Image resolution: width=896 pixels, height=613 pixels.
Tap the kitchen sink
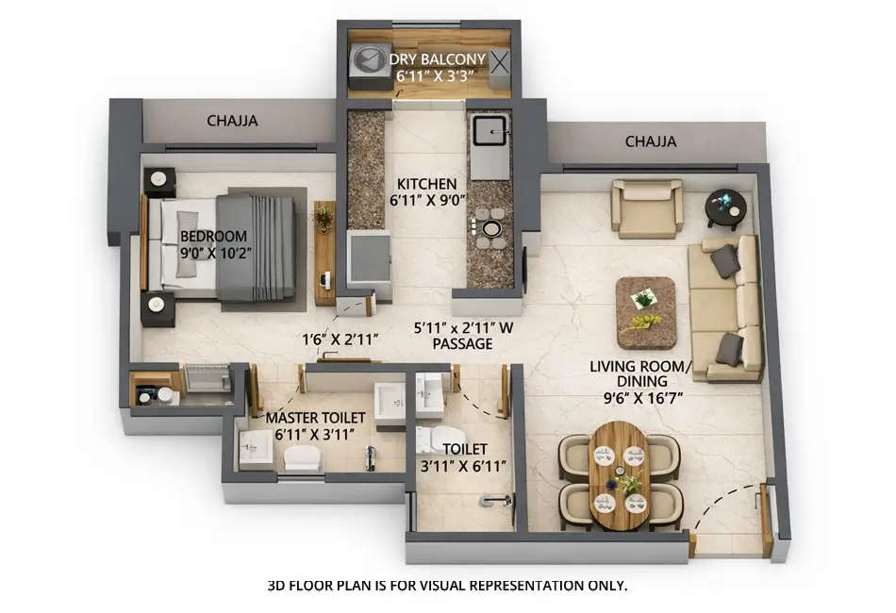click(489, 133)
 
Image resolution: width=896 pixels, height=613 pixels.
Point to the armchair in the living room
click(646, 208)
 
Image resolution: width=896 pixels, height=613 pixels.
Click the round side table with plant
click(727, 207)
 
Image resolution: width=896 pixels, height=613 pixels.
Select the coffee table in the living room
click(646, 312)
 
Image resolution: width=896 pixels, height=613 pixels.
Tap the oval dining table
click(620, 470)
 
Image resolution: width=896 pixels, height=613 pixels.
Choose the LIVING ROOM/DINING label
click(636, 381)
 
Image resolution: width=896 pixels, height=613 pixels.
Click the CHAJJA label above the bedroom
click(232, 121)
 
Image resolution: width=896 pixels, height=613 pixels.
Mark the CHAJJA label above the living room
click(651, 142)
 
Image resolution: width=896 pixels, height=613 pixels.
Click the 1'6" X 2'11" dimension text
click(340, 338)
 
